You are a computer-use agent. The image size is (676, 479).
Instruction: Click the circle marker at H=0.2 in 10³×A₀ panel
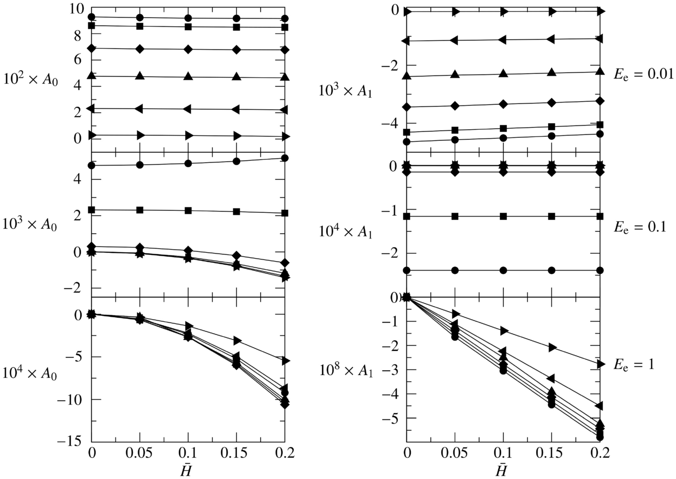pyautogui.click(x=285, y=158)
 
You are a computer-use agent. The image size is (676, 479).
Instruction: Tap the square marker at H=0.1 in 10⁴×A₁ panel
pyautogui.click(x=503, y=216)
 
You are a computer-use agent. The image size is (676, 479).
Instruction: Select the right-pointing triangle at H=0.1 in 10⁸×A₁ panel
pyautogui.click(x=504, y=331)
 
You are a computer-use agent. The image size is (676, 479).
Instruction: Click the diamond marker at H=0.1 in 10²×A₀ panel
pyautogui.click(x=188, y=49)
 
